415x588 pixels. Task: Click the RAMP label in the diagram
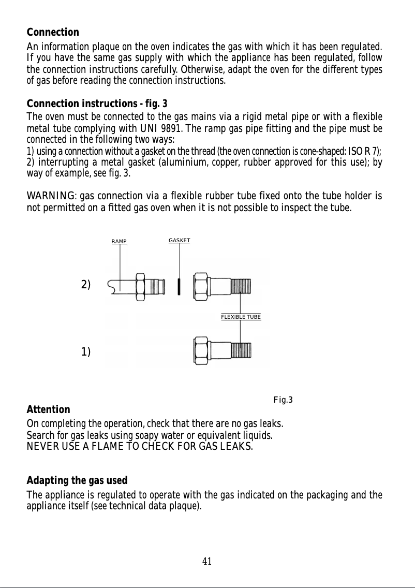click(x=120, y=241)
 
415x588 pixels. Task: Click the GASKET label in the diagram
click(x=180, y=241)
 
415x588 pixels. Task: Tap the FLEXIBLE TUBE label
click(x=241, y=317)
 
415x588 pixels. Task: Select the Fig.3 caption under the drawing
click(x=283, y=400)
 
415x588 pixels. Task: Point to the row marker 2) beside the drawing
click(x=86, y=285)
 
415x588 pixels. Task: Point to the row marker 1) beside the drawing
click(x=86, y=352)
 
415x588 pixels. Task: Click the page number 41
click(x=207, y=561)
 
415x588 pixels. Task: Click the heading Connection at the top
click(x=53, y=32)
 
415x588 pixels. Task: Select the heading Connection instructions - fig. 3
click(x=97, y=104)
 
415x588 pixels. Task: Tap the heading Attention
click(x=48, y=410)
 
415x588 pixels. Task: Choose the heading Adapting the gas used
click(x=77, y=481)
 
